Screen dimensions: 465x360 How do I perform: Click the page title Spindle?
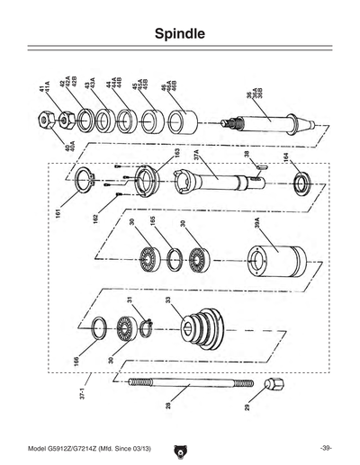click(180, 35)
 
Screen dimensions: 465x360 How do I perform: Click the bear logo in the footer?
click(180, 448)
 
